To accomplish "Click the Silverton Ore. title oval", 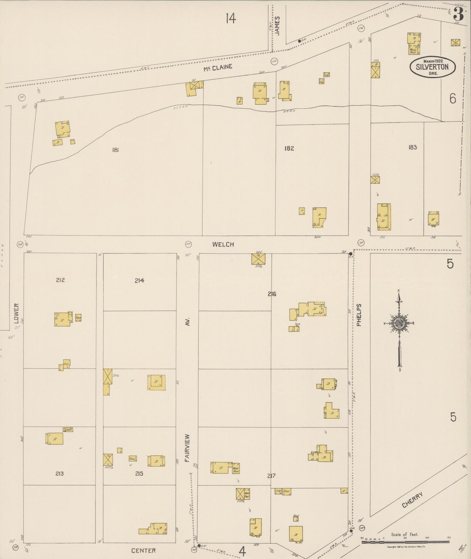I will click(432, 67).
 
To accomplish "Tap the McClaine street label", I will click(218, 68).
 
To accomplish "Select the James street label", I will click(277, 25).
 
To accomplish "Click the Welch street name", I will click(223, 244).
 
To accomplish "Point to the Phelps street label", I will click(359, 315).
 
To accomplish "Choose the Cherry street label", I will click(412, 500).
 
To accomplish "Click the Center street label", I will click(143, 551).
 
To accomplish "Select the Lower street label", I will click(17, 313).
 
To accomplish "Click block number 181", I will click(115, 150).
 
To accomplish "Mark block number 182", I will click(289, 148).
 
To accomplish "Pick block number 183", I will click(412, 147).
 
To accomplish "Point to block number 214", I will click(140, 280).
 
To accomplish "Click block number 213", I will click(59, 474).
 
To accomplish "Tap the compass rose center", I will click(399, 323).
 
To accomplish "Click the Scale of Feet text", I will click(405, 535).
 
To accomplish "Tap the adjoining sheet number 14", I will click(230, 19).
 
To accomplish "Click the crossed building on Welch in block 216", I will click(258, 259).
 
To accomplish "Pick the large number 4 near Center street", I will click(242, 551).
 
